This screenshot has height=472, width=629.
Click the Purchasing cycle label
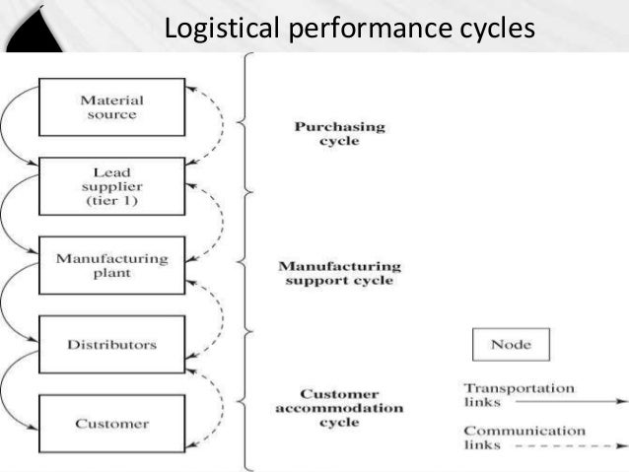point(325,133)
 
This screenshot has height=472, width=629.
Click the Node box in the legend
point(510,346)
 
